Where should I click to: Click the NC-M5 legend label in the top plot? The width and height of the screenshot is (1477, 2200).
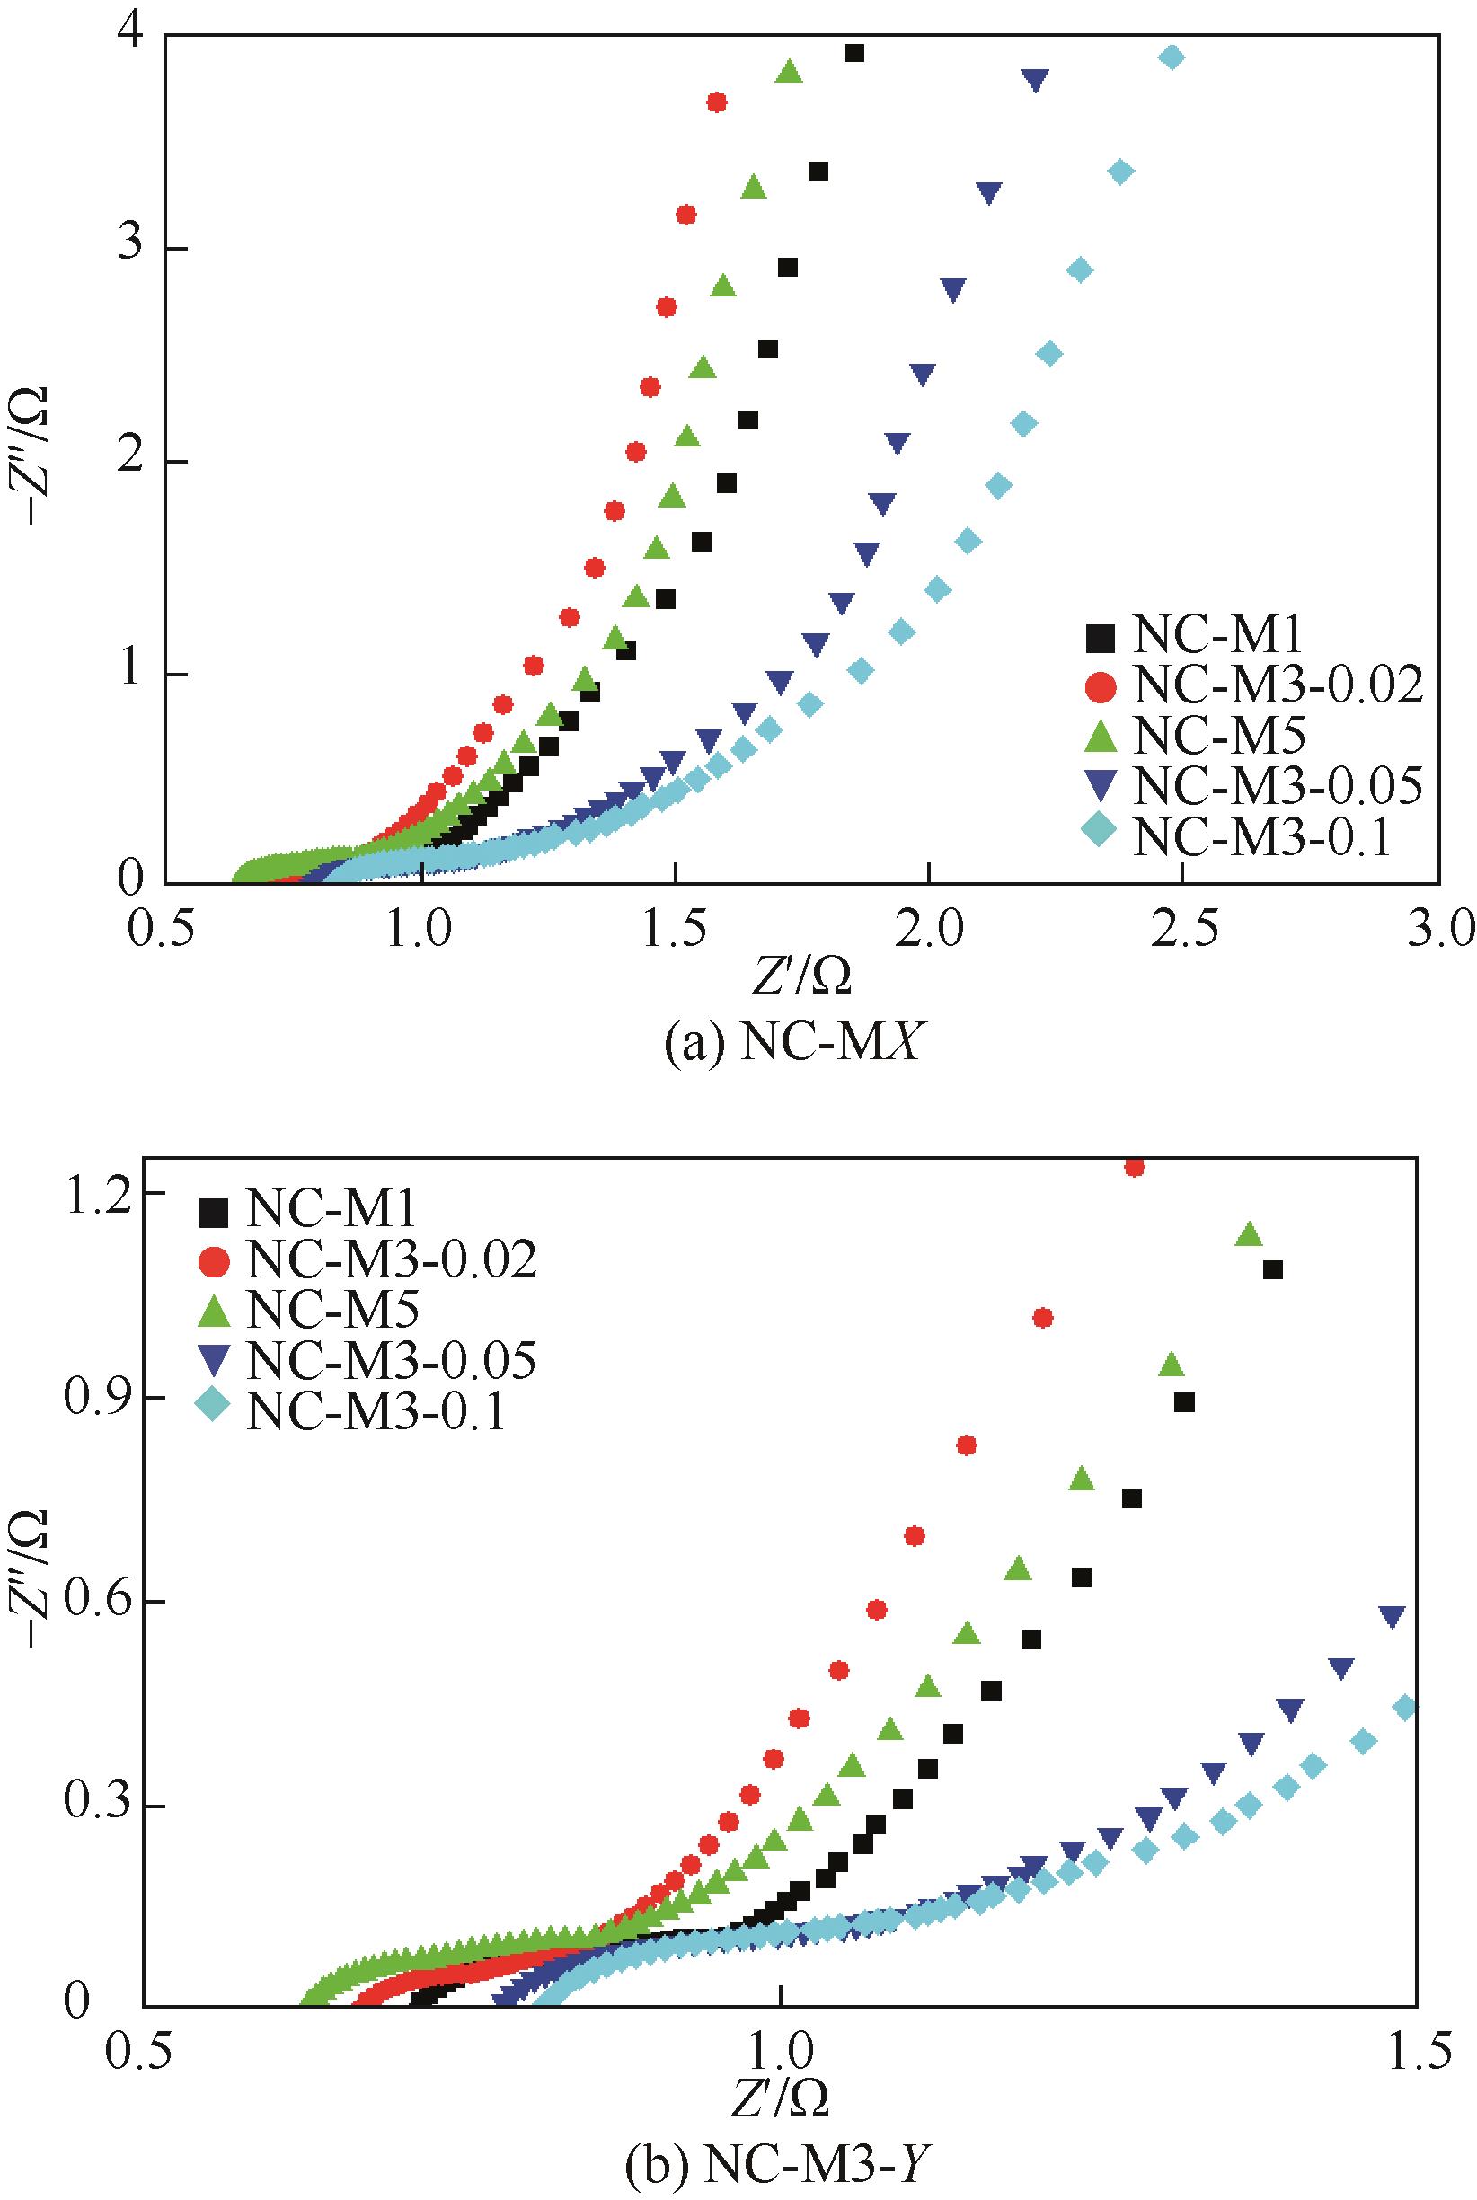[1220, 738]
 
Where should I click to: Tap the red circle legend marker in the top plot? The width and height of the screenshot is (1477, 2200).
[1099, 687]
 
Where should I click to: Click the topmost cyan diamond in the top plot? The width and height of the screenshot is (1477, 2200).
[1171, 57]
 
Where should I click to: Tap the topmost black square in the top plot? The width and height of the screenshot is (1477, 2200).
[854, 53]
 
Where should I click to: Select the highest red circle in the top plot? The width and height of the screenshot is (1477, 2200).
[717, 102]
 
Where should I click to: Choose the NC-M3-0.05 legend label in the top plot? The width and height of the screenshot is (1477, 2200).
[1278, 786]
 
